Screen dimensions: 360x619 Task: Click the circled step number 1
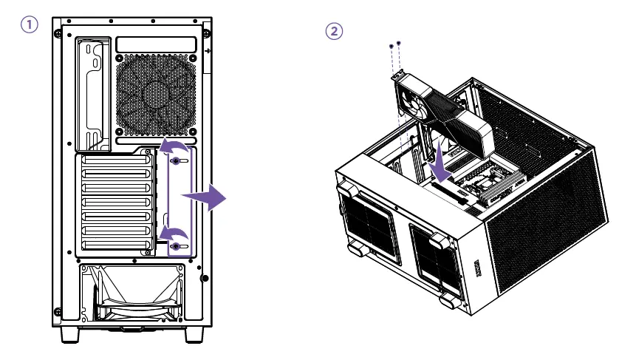point(30,25)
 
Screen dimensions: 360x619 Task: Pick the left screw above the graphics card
point(391,47)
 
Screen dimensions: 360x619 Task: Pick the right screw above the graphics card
point(399,44)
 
